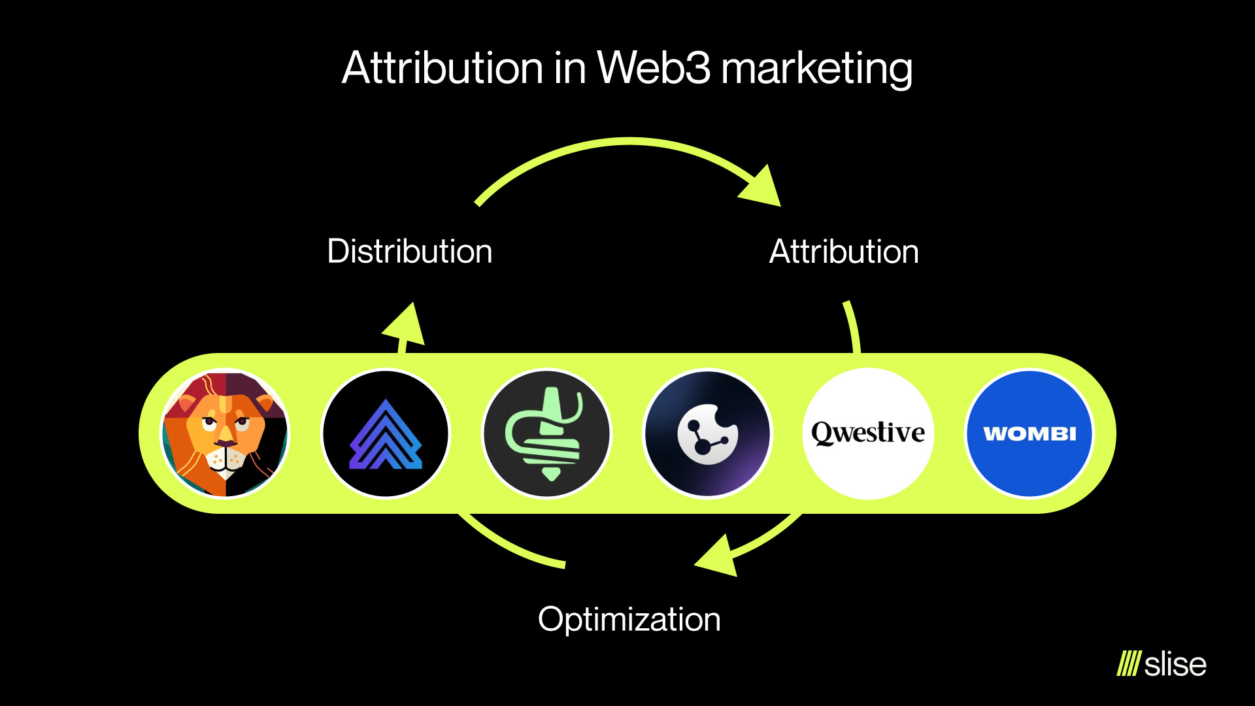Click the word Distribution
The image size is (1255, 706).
[409, 252]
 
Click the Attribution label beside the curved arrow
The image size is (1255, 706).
[843, 252]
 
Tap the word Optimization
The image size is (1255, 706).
[629, 619]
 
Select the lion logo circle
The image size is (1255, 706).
[225, 433]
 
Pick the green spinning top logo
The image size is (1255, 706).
[546, 433]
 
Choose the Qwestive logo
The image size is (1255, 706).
[867, 433]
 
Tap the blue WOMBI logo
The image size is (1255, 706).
[1029, 433]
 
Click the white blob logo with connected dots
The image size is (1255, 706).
[707, 433]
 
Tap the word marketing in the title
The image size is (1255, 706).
[816, 69]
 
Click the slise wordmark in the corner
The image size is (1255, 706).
[1175, 664]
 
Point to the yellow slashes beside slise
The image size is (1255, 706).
[1128, 664]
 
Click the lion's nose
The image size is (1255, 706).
[226, 444]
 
